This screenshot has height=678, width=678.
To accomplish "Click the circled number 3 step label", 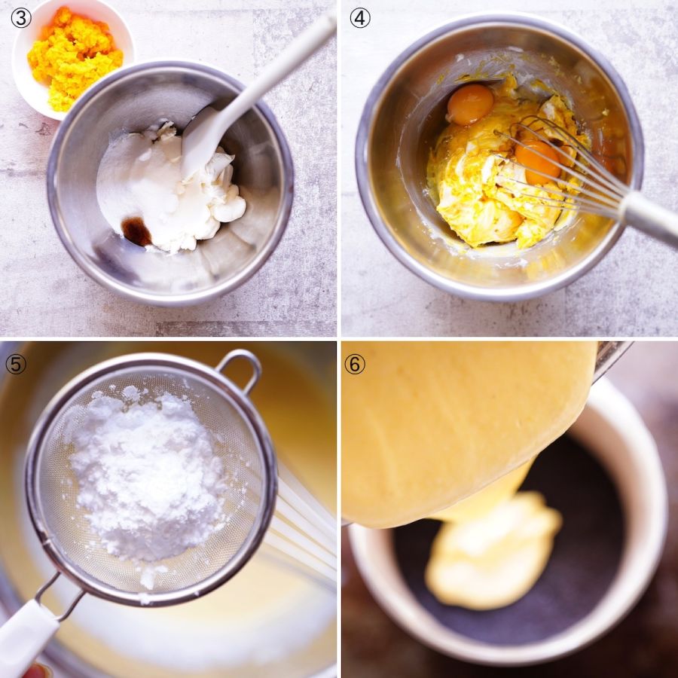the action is [x=21, y=19].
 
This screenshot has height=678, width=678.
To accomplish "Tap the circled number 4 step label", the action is [x=360, y=18].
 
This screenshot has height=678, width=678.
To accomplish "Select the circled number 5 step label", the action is [x=16, y=365].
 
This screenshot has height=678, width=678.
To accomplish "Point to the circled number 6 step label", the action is [x=355, y=365].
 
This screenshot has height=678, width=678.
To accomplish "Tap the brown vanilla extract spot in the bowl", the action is [x=136, y=231].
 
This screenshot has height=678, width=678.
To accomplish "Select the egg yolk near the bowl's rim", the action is [x=470, y=104].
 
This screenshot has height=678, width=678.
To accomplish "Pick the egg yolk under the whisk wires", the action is [x=538, y=161].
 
